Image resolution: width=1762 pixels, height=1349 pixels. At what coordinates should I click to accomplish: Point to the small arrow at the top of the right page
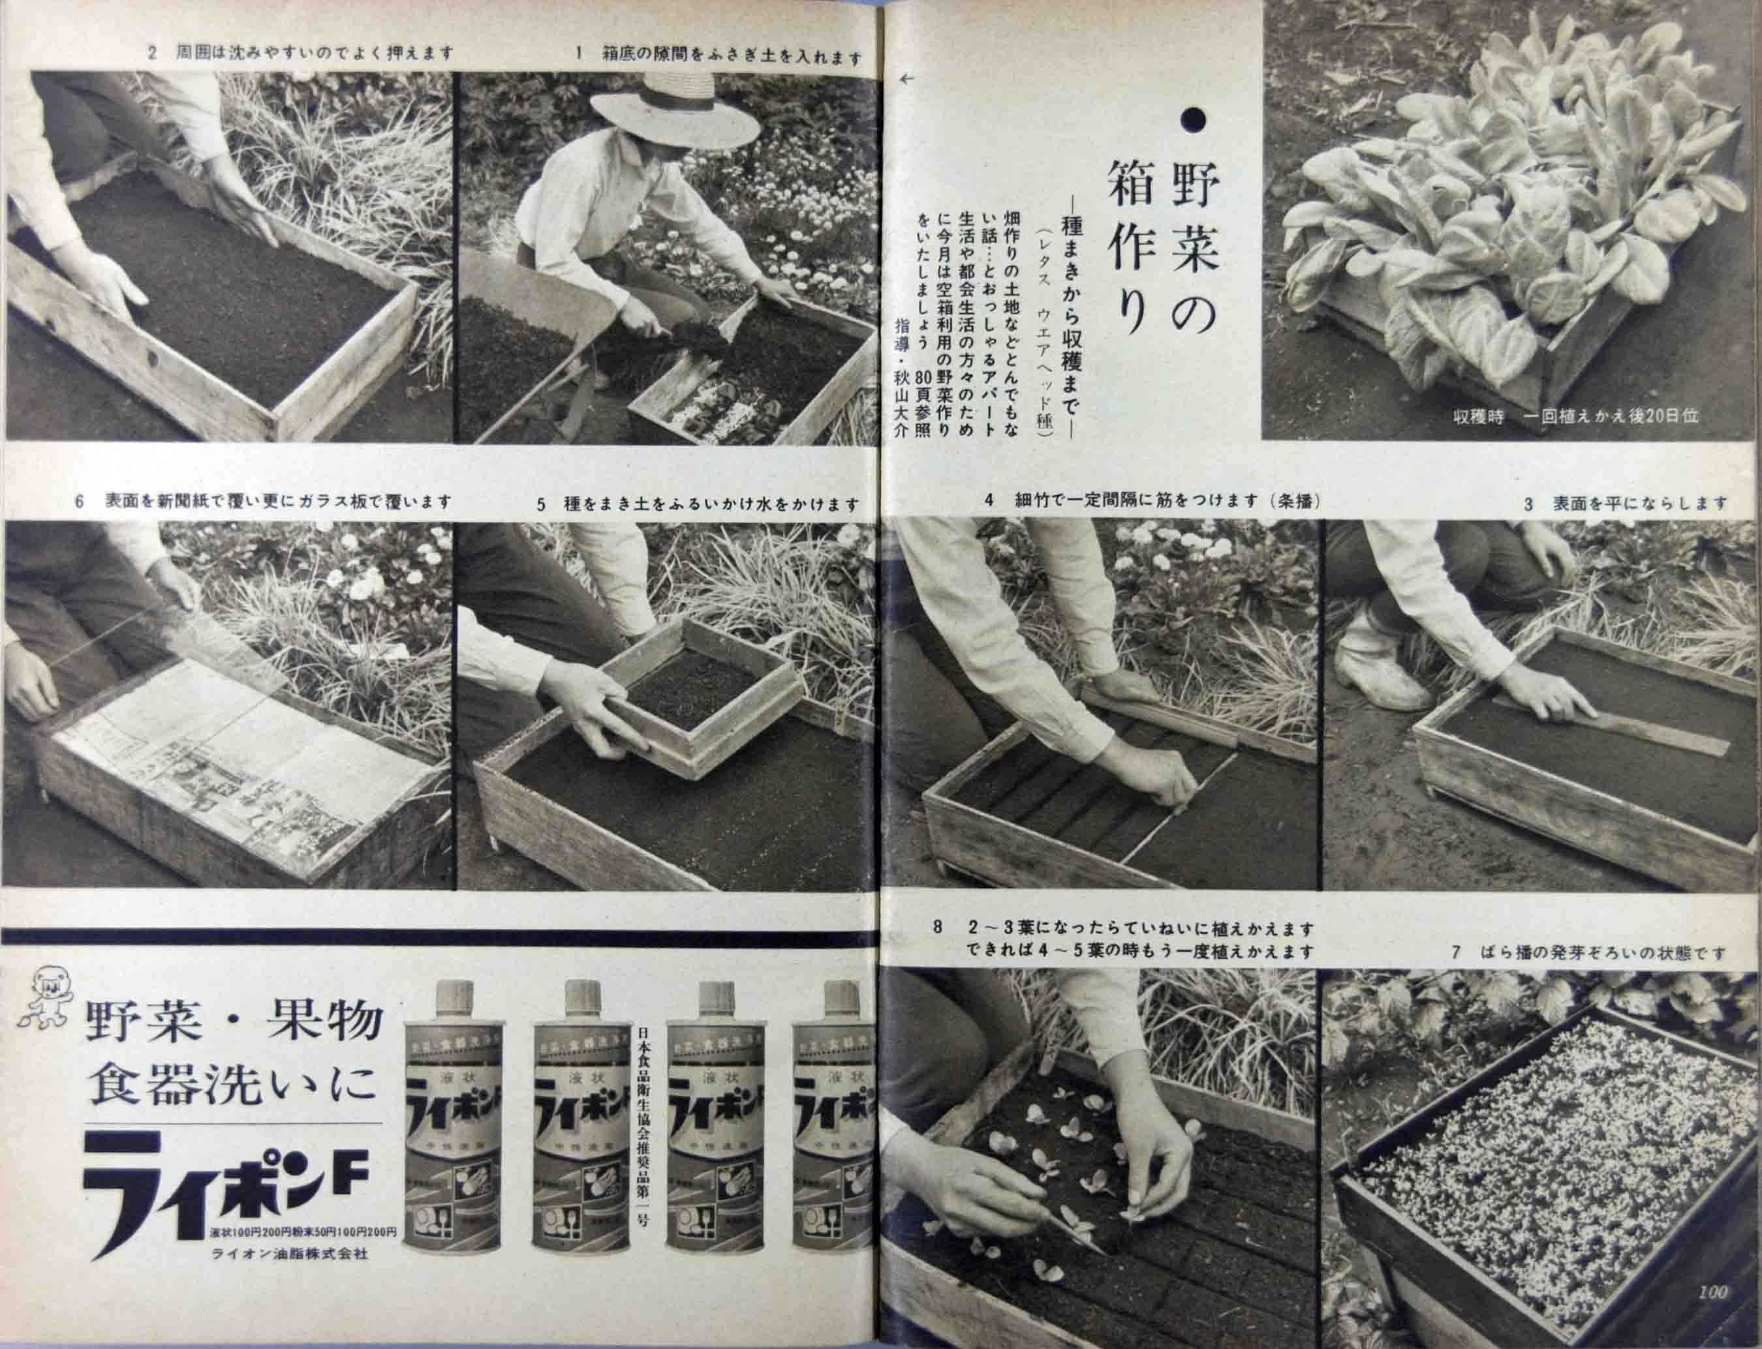click(x=908, y=79)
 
